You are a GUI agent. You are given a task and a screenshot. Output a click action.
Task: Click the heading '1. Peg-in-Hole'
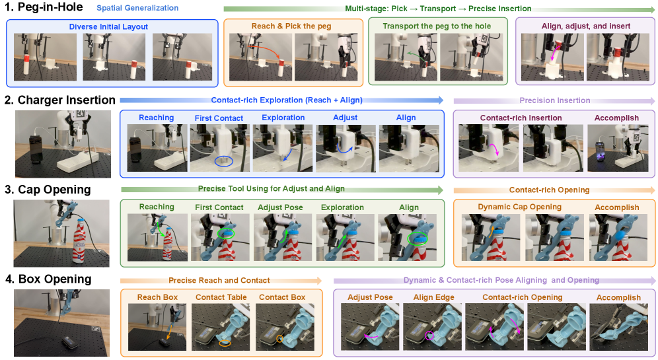point(44,7)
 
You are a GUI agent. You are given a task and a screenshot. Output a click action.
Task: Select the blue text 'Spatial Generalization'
point(137,8)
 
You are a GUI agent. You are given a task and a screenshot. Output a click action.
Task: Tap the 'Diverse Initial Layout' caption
point(108,27)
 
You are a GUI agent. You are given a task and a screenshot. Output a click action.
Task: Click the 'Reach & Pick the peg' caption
point(291,26)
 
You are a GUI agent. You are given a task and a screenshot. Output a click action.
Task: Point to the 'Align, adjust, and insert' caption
point(586,26)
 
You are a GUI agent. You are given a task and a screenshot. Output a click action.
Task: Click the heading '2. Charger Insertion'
point(59,100)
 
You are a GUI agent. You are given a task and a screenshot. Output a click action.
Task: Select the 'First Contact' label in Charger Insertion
point(219,118)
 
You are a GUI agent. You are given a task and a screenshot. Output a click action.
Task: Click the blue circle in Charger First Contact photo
point(224,162)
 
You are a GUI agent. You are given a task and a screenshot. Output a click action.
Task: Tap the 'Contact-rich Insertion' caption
point(521,118)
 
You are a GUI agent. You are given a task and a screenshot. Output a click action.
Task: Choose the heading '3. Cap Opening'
point(48,190)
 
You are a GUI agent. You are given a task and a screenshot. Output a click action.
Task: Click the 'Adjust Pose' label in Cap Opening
point(280,207)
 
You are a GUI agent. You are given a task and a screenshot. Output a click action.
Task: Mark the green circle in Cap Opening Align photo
point(417,238)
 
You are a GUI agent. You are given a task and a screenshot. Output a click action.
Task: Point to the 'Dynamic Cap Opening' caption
point(519,207)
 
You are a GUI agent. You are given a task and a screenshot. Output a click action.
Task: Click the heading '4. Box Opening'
point(48,279)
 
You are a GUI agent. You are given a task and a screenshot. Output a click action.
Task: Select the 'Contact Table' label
point(221,297)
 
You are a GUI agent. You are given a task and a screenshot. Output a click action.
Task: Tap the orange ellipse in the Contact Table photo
point(225,343)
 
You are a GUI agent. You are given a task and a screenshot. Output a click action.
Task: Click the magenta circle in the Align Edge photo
point(429,336)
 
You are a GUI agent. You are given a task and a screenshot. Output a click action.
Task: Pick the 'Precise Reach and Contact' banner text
point(219,280)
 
